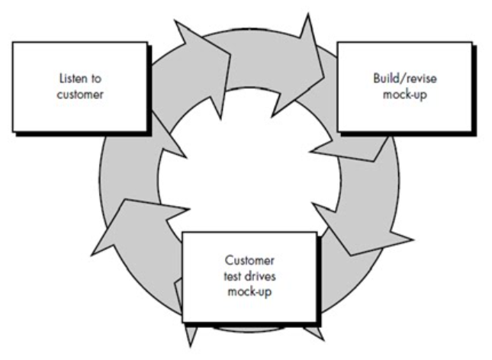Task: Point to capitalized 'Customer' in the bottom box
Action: [x=249, y=259]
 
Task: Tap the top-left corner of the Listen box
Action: [x=13, y=42]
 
